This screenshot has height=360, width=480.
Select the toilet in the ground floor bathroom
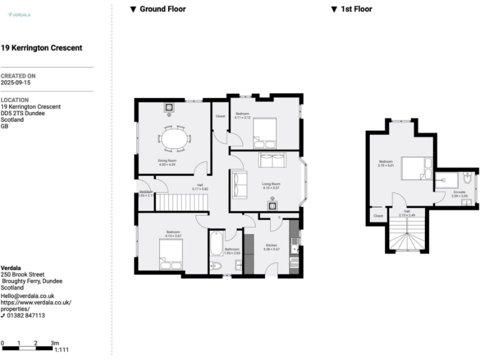(216, 266)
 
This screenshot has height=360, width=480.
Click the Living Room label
(271, 184)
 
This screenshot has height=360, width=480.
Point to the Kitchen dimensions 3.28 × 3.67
(272, 249)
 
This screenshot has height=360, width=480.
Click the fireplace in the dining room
(169, 108)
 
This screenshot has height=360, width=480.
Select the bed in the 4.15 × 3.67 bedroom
(171, 252)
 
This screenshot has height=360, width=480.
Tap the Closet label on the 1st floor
(378, 216)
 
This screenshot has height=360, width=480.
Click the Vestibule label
(146, 191)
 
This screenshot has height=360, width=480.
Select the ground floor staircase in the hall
(181, 202)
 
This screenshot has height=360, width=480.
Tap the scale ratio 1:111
(62, 350)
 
